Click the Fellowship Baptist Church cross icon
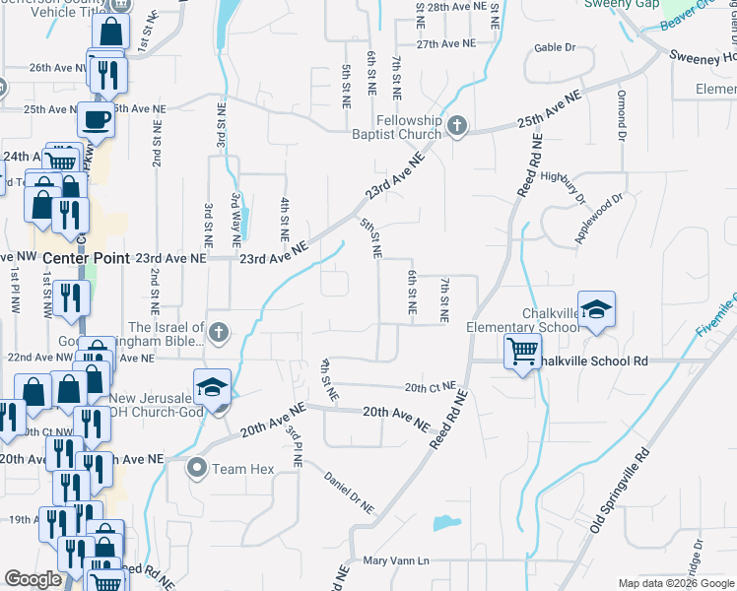point(456,126)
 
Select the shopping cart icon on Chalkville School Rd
point(522,350)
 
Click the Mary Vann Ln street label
point(397,561)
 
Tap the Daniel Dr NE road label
point(350,492)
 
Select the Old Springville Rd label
point(621,490)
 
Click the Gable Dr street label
point(555,47)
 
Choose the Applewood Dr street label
point(601,218)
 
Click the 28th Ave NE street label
point(450,7)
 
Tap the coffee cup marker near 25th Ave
point(96,119)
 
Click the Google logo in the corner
point(33,580)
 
